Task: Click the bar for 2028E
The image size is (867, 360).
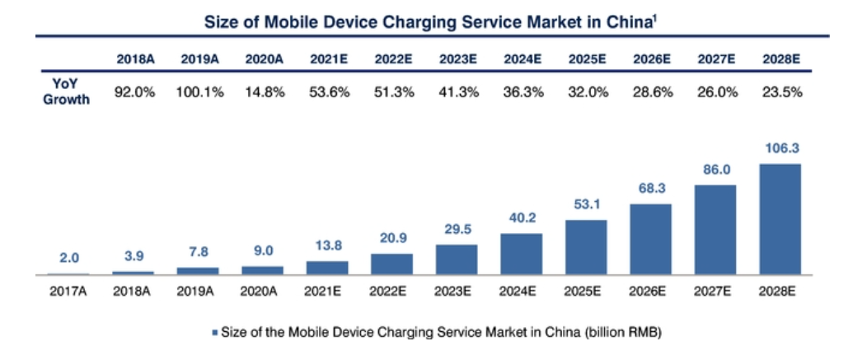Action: [780, 219]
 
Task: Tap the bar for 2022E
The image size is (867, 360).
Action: [391, 264]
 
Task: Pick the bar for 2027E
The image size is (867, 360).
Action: [715, 230]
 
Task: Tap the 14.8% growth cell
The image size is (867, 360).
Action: [264, 92]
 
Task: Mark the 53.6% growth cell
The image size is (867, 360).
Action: [328, 92]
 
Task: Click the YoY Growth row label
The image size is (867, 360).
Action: [65, 92]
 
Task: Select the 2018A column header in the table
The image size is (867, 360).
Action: [134, 59]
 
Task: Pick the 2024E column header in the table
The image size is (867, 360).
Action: [523, 59]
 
